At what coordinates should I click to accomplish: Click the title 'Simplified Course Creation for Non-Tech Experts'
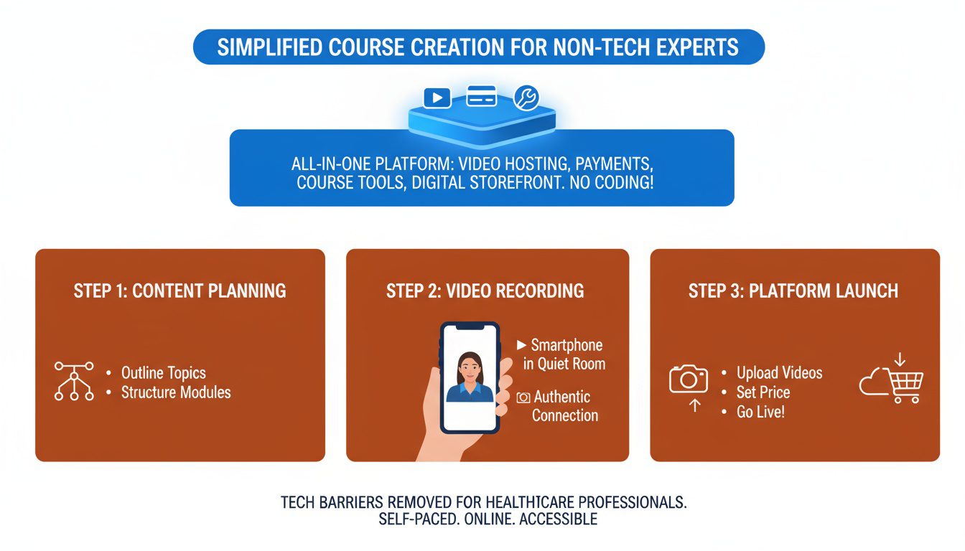478,47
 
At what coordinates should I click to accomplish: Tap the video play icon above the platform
437,97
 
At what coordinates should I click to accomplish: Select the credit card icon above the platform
481,95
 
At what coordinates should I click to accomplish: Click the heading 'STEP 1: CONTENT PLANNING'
180,291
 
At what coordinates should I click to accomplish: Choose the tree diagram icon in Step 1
74,380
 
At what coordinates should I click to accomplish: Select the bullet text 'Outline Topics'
163,373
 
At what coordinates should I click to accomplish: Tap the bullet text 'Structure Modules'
176,392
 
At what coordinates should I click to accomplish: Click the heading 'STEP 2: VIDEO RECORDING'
485,291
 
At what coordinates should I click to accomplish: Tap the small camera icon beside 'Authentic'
523,397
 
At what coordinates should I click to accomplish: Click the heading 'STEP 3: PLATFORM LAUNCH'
793,291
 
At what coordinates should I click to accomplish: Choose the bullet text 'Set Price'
763,392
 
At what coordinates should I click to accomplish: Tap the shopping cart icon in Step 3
905,385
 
